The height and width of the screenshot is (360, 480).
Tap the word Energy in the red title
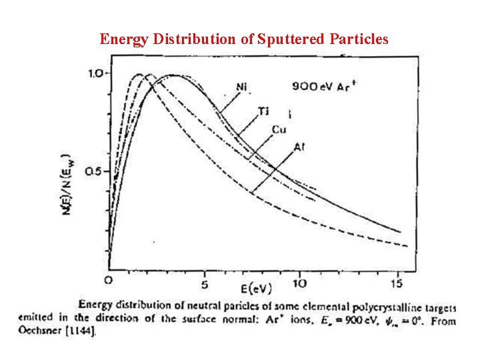pos(122,39)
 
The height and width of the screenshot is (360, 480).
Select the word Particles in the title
pos(359,39)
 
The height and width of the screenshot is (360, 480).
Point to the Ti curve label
pos(264,111)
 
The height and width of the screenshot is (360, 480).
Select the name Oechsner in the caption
pos(41,331)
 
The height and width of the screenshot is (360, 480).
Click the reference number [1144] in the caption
pos(81,331)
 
